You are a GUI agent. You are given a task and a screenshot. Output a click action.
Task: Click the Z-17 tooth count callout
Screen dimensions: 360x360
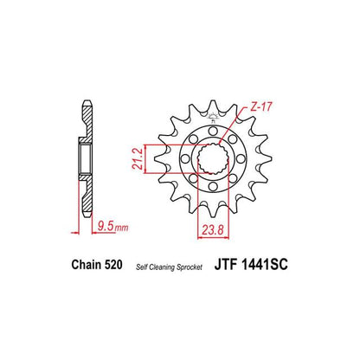(260, 106)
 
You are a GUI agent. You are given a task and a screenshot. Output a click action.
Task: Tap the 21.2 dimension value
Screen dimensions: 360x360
(138, 159)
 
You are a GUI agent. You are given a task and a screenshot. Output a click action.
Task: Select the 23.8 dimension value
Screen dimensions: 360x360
(213, 230)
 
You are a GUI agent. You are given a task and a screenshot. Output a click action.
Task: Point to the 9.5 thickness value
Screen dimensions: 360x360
(106, 226)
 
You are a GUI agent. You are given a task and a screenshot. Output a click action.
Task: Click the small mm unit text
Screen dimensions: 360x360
(122, 228)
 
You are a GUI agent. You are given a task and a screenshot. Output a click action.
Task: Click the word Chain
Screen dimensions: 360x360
(87, 265)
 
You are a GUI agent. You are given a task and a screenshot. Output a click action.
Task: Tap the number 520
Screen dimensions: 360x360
(113, 265)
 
